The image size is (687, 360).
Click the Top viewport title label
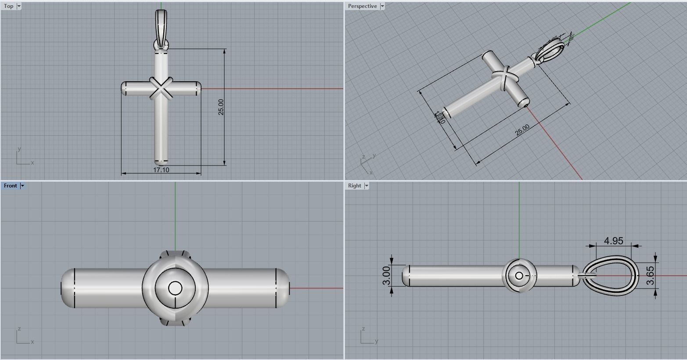(8, 6)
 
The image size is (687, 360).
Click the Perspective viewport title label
(362, 6)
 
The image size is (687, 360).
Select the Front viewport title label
(10, 186)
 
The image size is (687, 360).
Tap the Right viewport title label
(354, 186)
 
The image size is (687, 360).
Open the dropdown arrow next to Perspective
(382, 6)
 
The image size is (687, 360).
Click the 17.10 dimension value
(161, 170)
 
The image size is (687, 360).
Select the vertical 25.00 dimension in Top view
(221, 107)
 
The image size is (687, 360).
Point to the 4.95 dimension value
(613, 241)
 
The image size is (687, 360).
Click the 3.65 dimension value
(651, 276)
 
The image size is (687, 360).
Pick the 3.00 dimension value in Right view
(386, 276)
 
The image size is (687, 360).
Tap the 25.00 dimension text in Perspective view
(522, 130)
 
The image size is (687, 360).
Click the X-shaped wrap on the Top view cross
(161, 88)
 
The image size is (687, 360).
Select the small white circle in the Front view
(175, 288)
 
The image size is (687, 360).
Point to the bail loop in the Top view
(161, 26)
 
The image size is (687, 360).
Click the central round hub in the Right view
(519, 276)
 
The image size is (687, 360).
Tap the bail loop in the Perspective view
(552, 51)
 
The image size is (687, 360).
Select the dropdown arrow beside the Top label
(19, 6)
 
